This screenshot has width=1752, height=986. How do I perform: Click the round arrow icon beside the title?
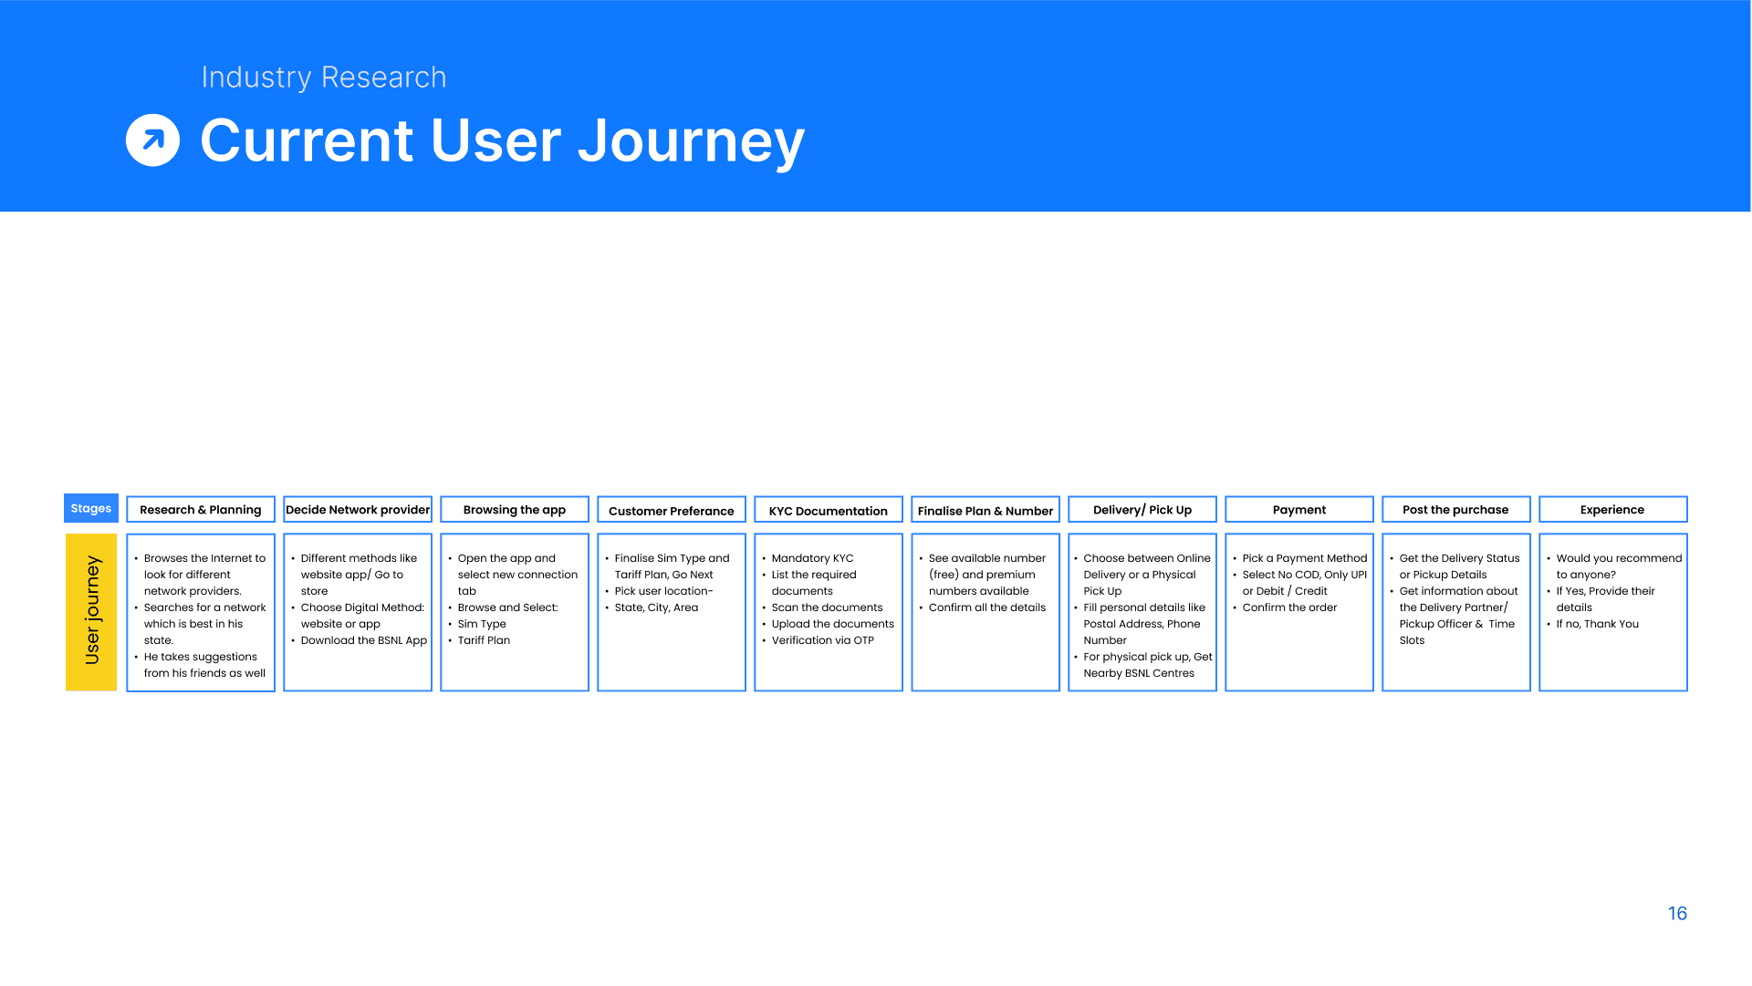point(152,140)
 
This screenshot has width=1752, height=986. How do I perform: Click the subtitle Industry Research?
point(324,78)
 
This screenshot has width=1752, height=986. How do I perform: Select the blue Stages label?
point(91,508)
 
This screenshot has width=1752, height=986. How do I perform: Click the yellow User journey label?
point(91,612)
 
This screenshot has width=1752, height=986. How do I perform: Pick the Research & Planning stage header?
point(201,509)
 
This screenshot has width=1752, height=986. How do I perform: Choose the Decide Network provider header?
point(358,509)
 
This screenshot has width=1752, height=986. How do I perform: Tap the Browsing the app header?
point(515,509)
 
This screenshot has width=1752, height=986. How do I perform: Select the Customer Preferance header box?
point(672,510)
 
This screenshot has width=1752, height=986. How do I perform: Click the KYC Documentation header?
point(829,510)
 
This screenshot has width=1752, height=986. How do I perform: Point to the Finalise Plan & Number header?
point(985,510)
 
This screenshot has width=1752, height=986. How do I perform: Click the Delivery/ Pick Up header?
point(1142,509)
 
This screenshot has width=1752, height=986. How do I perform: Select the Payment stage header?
point(1299,509)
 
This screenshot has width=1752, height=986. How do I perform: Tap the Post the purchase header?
point(1456,509)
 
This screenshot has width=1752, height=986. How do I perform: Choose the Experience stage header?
point(1613,509)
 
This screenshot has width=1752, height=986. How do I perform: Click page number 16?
point(1677,913)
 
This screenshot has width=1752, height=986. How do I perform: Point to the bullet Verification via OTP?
point(822,640)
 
